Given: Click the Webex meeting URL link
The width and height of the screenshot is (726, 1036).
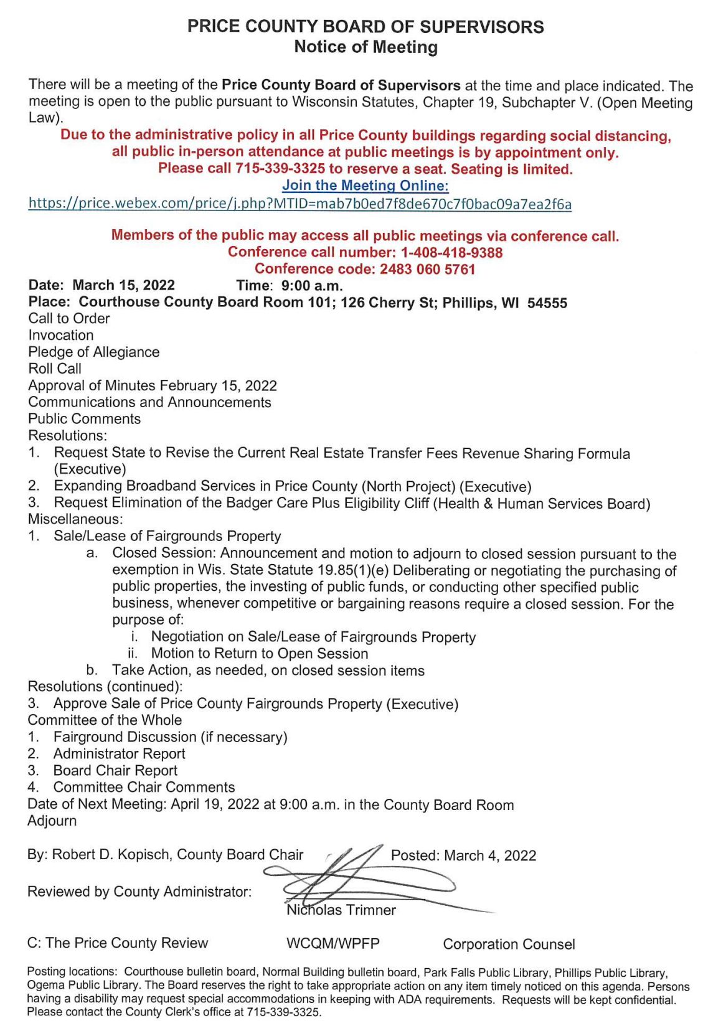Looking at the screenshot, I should coord(299,204).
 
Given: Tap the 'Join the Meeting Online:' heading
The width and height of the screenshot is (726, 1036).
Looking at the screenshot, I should coord(365,186).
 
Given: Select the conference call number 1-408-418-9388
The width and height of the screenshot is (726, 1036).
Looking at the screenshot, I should coord(451,252).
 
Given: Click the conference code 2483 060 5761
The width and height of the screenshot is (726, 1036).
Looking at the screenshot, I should coord(427,269).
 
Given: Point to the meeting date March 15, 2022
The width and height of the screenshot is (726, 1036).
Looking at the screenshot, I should coord(123,285).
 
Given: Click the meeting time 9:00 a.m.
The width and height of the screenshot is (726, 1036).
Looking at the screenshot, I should coord(311,286).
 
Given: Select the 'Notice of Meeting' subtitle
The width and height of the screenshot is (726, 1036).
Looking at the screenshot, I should coord(365,47).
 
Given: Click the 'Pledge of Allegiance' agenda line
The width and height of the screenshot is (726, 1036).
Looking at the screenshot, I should coord(93,352).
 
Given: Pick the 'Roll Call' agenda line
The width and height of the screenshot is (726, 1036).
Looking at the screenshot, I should coord(55,369).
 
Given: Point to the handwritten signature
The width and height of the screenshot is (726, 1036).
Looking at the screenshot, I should coord(361,875).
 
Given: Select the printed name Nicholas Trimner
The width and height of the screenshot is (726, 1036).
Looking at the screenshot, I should coord(341,910).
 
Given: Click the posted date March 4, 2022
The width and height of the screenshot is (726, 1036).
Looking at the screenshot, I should coord(489,855).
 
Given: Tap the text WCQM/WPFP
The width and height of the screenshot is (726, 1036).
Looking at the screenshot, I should coord(332,943).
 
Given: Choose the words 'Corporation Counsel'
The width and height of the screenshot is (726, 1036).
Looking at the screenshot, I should coord(509,944).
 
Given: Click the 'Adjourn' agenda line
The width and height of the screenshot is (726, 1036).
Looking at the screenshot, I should coord(52,821).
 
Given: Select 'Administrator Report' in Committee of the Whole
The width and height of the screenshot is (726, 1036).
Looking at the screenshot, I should coord(119,753).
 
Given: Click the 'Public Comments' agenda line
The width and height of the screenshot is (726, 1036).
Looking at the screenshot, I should coord(84,419).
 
